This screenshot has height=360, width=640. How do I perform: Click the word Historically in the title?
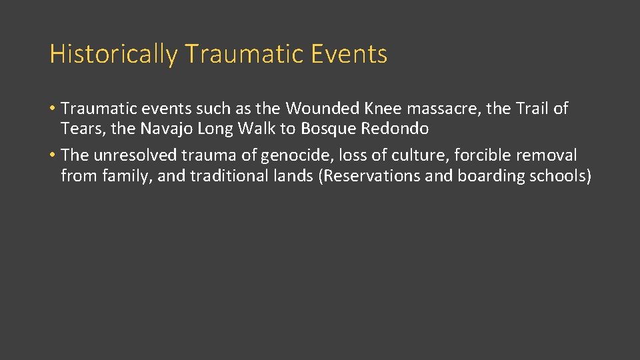(x=113, y=54)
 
